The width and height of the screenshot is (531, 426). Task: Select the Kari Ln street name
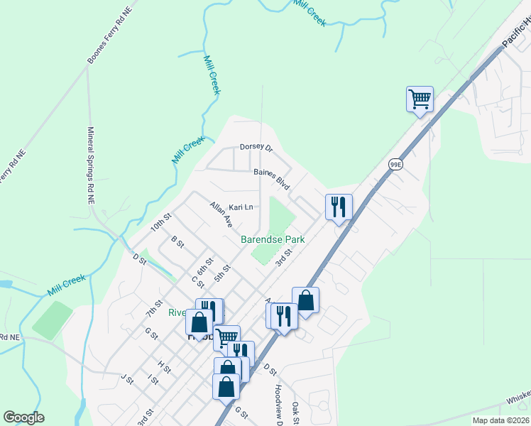(241, 207)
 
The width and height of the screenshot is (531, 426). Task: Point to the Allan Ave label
(221, 214)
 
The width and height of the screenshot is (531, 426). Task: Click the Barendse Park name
(273, 239)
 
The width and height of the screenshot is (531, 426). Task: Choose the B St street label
(177, 244)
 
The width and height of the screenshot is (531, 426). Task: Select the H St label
(165, 366)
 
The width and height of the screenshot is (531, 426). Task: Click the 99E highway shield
(396, 164)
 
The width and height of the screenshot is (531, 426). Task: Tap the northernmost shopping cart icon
(420, 99)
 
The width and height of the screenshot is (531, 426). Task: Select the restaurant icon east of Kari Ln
(339, 207)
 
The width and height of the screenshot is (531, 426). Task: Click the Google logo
(23, 417)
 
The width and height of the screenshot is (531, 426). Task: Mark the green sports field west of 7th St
(53, 320)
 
